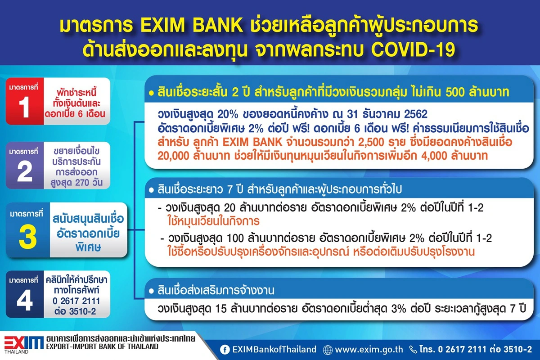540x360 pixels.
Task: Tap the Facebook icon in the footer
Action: pyautogui.click(x=224, y=349)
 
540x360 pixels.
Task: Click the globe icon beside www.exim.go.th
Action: pyautogui.click(x=328, y=349)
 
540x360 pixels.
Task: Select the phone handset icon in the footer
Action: pyautogui.click(x=413, y=349)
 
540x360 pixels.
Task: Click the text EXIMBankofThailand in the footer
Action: pyautogui.click(x=274, y=349)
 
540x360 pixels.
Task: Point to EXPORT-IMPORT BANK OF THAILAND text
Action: pyautogui.click(x=102, y=347)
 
